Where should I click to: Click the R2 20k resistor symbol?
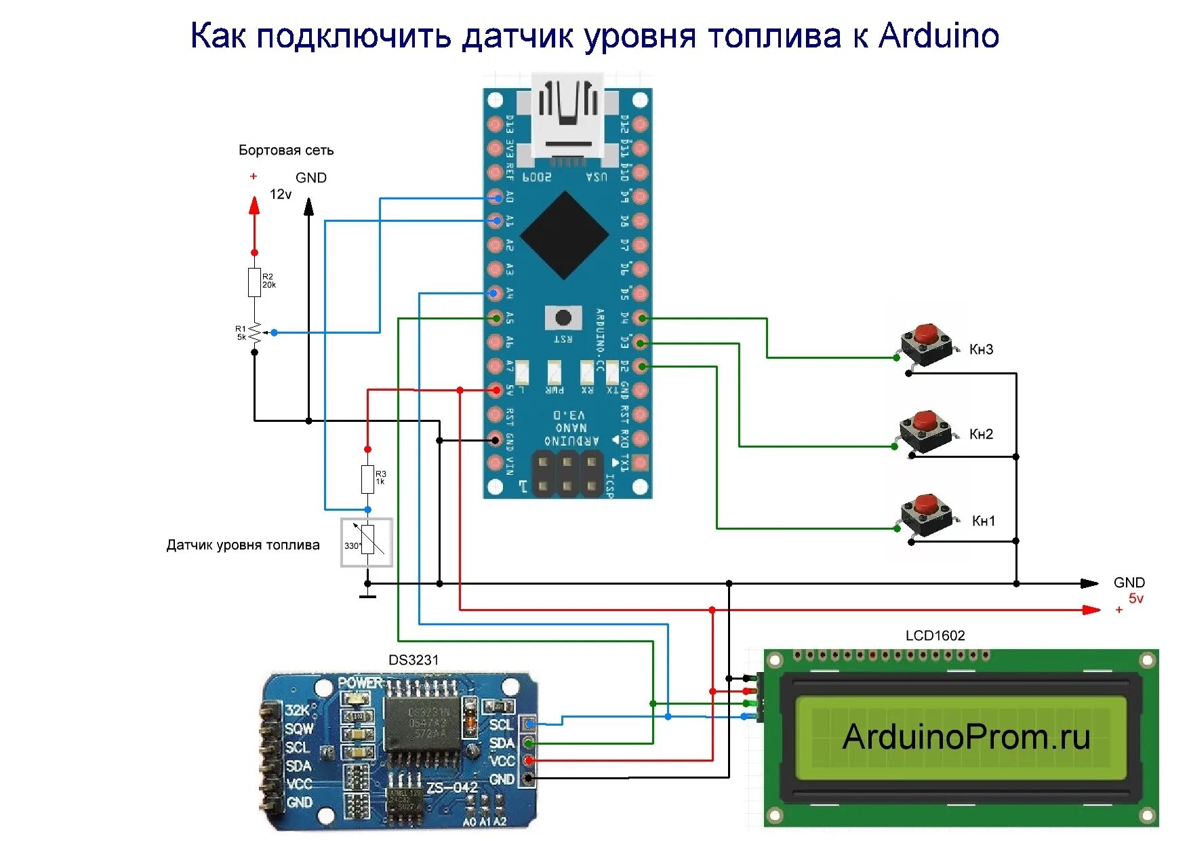254,282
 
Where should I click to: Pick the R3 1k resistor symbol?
367,479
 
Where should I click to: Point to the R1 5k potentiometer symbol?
255,332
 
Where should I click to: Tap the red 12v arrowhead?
254,206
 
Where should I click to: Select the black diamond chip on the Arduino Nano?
564,235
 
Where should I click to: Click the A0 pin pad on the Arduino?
496,198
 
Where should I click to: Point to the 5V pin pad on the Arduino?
496,390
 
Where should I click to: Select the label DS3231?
414,660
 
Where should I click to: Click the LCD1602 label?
935,635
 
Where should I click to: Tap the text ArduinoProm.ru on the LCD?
965,737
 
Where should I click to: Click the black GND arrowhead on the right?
1089,583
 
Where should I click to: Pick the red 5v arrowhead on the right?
1091,610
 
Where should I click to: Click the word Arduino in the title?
938,36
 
